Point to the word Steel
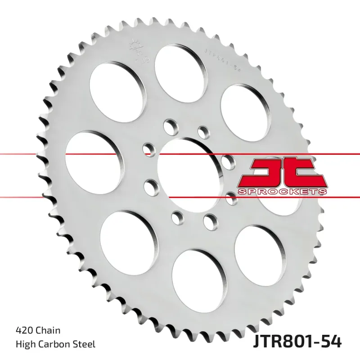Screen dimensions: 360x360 pos(85,345)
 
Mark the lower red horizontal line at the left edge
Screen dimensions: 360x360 pos(18,197)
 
